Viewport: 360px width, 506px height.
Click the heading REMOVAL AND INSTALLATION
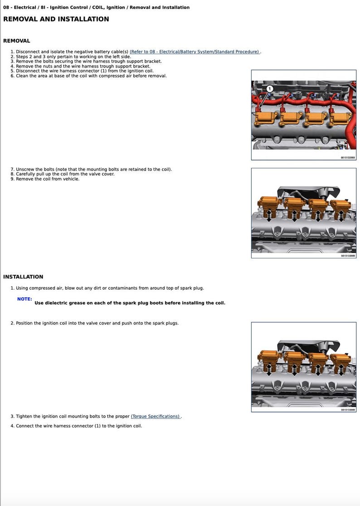click(56, 19)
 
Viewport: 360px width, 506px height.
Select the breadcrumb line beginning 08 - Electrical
click(96, 7)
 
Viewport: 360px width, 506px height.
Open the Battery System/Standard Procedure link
click(195, 52)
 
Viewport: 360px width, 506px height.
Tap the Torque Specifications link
click(156, 416)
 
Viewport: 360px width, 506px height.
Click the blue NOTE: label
click(24, 299)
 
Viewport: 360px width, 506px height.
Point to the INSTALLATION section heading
click(23, 277)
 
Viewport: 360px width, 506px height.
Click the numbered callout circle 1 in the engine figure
click(269, 88)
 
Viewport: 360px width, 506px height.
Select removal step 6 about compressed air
click(91, 76)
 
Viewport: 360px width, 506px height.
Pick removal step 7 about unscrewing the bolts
click(93, 169)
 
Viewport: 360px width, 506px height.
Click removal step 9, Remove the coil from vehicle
click(47, 179)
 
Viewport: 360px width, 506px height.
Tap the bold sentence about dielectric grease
click(130, 303)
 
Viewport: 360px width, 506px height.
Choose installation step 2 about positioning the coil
click(97, 323)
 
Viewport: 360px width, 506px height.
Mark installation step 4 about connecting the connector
click(78, 426)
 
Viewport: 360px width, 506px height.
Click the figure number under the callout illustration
click(348, 158)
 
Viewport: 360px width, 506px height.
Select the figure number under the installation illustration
click(348, 410)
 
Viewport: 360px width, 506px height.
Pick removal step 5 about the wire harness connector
click(84, 71)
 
